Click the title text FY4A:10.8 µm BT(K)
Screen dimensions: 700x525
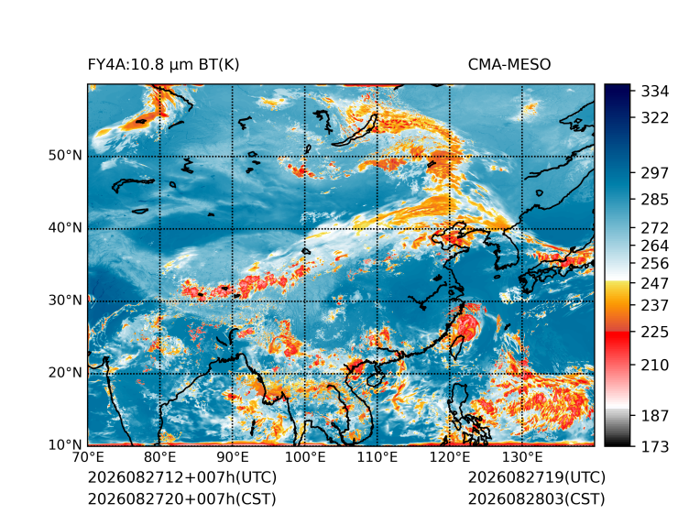pos(163,65)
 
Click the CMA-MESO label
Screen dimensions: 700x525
pos(509,65)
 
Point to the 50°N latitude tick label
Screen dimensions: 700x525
pos(65,156)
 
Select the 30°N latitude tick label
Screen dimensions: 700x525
pos(65,300)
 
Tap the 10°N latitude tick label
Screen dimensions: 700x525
pos(65,444)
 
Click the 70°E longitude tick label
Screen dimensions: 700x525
pos(88,457)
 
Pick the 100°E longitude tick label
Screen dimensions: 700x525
pos(305,457)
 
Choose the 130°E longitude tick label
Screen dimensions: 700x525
pos(522,457)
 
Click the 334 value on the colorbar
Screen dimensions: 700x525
pos(655,92)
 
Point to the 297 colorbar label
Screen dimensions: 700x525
pos(655,173)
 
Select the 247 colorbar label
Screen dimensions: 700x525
pos(655,283)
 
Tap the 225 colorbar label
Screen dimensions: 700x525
pos(655,333)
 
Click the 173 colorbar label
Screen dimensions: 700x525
pos(655,446)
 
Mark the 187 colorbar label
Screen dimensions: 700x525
pos(655,416)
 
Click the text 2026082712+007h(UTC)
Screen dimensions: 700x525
pos(182,477)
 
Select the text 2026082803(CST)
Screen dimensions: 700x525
pos(537,499)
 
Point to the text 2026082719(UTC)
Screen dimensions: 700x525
pos(537,477)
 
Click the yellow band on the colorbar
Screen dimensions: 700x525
pos(618,290)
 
